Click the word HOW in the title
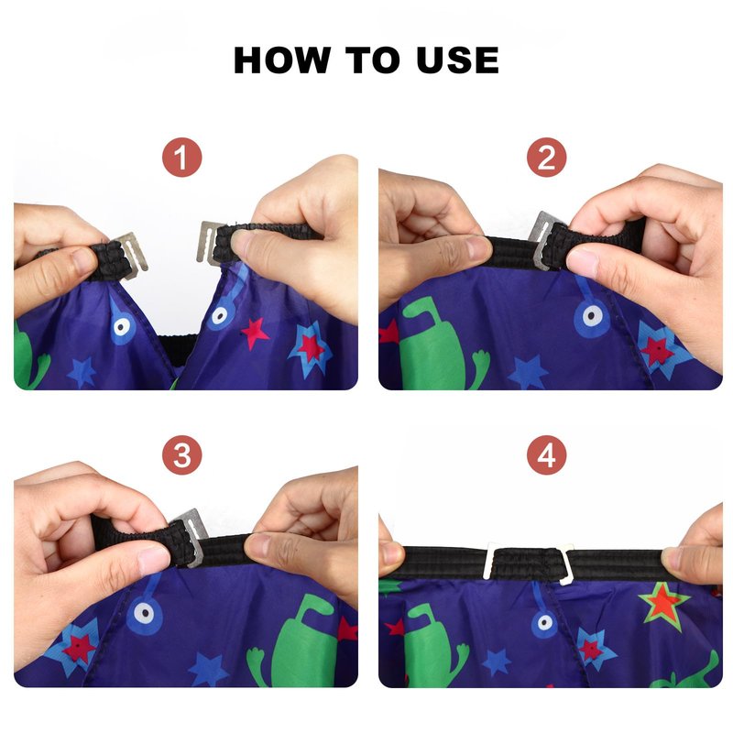pos(281,60)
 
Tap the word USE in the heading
pos(457,60)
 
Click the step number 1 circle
pos(181,157)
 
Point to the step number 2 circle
pos(546,157)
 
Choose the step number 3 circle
pos(181,454)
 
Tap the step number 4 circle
pos(546,454)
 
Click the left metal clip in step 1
pos(133,255)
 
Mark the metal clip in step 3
pos(192,538)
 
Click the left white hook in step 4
pos(491,560)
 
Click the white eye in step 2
pos(591,316)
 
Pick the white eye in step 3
pos(144,612)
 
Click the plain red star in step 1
pos(255,334)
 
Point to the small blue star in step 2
pos(529,372)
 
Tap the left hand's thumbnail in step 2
pos(476,247)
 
